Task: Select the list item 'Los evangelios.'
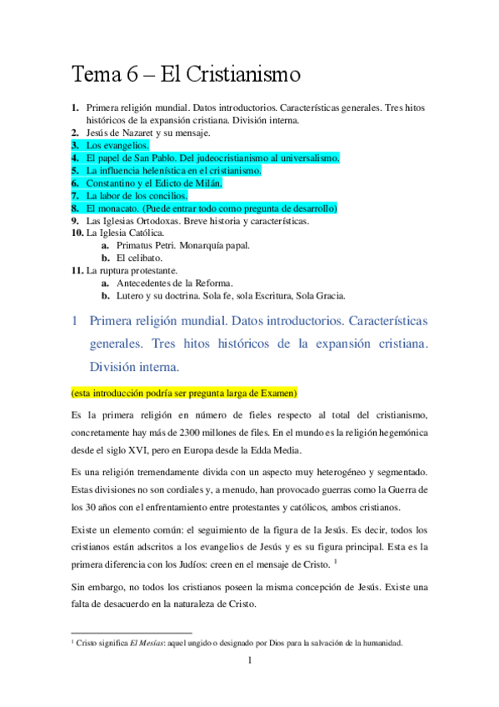click(x=117, y=145)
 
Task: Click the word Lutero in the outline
click(x=130, y=295)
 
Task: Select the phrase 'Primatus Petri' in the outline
click(x=148, y=245)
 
